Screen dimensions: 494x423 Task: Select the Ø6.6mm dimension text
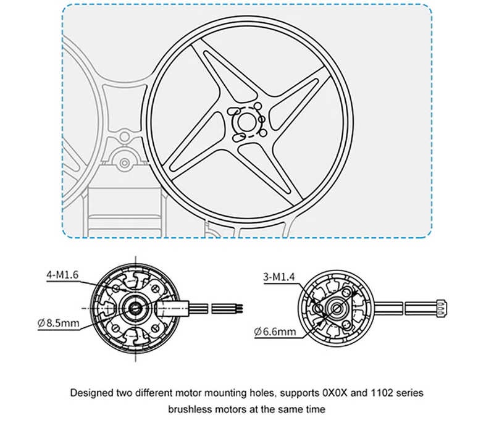(275, 332)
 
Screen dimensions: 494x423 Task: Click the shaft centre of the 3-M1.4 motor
(335, 307)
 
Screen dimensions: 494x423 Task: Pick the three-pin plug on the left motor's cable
(228, 307)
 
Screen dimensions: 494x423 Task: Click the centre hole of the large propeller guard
(246, 120)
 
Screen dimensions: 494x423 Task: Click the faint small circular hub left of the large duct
(125, 163)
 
